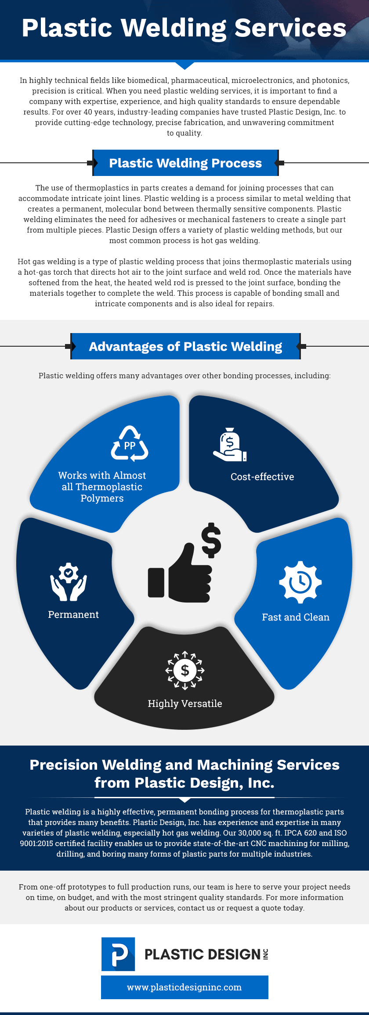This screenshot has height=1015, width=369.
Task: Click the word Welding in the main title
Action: pos(174,28)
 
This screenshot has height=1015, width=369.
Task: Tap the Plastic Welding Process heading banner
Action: pos(185,163)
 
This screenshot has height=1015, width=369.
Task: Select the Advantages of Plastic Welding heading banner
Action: pos(185,346)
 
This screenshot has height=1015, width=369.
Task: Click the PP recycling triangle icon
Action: pos(130,444)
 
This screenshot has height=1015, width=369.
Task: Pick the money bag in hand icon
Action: pos(230,445)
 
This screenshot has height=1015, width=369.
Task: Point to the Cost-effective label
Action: pos(262,477)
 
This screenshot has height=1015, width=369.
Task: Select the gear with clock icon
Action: pos(300,582)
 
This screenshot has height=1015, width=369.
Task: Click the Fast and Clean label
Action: pos(296,617)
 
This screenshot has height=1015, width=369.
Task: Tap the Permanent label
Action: pos(73,614)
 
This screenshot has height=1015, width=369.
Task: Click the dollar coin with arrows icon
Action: pos(185,670)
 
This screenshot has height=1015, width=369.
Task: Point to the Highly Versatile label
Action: pos(185,703)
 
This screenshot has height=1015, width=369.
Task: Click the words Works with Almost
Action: pos(102,475)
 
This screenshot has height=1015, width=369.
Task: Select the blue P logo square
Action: pos(118,954)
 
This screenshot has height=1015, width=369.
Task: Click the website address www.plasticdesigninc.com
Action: pos(184,987)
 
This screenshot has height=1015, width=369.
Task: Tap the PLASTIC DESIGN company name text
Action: pos(203,954)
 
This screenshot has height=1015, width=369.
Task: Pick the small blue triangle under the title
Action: pos(185,65)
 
